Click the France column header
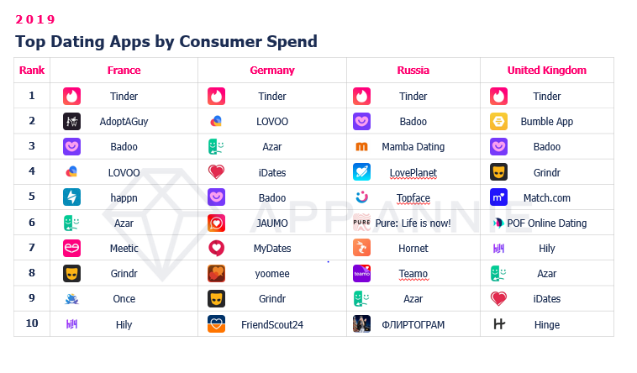tap(124, 71)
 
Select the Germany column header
tap(271, 71)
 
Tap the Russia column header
tap(413, 71)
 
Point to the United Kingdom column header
tap(546, 71)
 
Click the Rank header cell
tap(32, 71)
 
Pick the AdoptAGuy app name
tap(124, 122)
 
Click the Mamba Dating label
tap(413, 147)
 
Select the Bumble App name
tap(546, 122)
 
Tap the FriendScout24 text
tap(271, 324)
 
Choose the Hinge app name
tap(546, 324)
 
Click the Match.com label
tap(546, 198)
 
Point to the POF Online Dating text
tap(546, 223)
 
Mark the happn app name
tap(124, 198)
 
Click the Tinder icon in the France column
tap(71, 97)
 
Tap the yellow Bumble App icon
tap(498, 122)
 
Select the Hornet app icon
tap(361, 249)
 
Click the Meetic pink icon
tap(71, 249)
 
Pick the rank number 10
tap(32, 324)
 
